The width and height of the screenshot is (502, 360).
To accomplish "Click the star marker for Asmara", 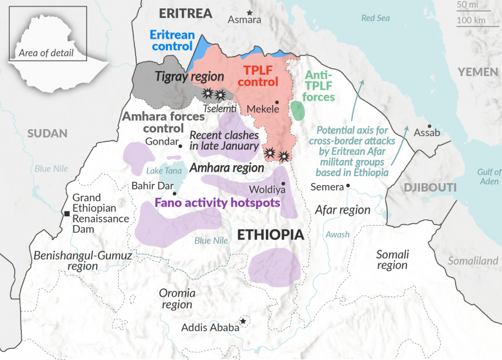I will (x=250, y=12).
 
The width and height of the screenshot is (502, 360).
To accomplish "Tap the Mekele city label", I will (x=263, y=110).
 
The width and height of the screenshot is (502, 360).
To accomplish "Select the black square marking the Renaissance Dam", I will (x=66, y=214).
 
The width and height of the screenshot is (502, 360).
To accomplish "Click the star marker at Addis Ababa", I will (x=243, y=321).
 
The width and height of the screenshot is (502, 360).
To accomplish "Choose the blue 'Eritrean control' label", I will (x=172, y=40).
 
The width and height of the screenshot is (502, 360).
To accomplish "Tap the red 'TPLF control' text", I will (x=261, y=75).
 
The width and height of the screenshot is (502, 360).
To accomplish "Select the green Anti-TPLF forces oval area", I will (x=297, y=110).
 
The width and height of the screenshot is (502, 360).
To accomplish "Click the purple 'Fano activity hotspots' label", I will (x=217, y=203).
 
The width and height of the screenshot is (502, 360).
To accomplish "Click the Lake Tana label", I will (x=165, y=171).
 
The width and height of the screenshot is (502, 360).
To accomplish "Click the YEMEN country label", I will (x=477, y=72).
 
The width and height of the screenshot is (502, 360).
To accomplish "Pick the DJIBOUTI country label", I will (x=430, y=187).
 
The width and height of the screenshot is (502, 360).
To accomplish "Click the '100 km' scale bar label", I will (x=470, y=21).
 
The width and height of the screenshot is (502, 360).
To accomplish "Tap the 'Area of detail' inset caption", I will (x=46, y=52).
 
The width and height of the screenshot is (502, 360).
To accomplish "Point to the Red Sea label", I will (x=376, y=18).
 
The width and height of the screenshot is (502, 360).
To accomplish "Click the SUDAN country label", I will (x=47, y=134).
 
